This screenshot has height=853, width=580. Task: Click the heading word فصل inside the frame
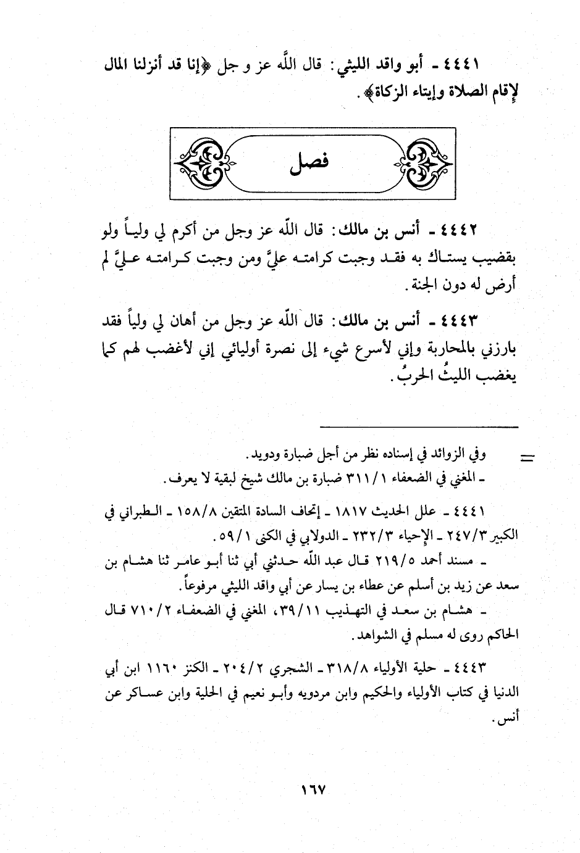coord(309,163)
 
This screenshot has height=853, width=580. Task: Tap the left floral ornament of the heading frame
coord(201,163)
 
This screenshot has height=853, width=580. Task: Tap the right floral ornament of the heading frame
coord(422,163)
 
